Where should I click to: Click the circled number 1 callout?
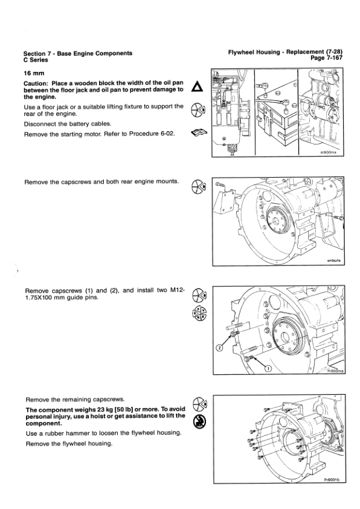pyautogui.click(x=268, y=368)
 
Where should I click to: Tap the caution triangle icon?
pyautogui.click(x=197, y=86)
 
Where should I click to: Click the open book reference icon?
pyautogui.click(x=199, y=132)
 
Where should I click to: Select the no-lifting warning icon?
pyautogui.click(x=199, y=421)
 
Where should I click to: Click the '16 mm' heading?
pyautogui.click(x=34, y=73)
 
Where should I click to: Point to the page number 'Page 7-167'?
pyautogui.click(x=327, y=58)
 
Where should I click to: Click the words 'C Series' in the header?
pyautogui.click(x=36, y=60)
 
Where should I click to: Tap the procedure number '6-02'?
pyautogui.click(x=168, y=134)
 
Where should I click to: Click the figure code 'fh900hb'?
pyautogui.click(x=332, y=480)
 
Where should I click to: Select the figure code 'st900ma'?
pyautogui.click(x=328, y=152)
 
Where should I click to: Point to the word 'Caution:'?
pyautogui.click(x=36, y=83)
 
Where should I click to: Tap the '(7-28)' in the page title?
pyautogui.click(x=334, y=52)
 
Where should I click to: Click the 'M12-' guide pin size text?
pyautogui.click(x=178, y=290)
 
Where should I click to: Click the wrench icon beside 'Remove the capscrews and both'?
pyautogui.click(x=199, y=186)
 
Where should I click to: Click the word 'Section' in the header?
pyautogui.click(x=34, y=54)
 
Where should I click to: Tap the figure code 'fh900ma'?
pyautogui.click(x=335, y=371)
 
